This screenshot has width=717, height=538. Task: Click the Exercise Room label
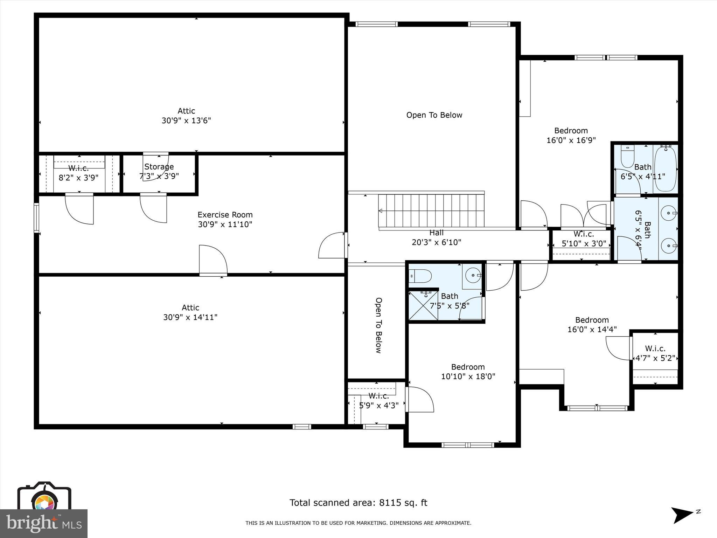coord(225,215)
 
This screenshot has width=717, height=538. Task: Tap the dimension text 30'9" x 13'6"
coord(186,120)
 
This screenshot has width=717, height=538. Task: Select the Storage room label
coord(159,167)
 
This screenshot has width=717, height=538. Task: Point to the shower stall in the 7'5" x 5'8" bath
coord(424,305)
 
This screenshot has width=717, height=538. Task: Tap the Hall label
coord(436,233)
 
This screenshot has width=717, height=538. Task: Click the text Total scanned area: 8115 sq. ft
coord(358,503)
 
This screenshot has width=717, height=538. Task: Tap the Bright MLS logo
coord(44,523)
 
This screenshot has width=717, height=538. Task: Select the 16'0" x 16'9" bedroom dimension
coord(571,140)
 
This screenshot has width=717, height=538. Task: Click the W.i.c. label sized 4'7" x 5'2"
coord(655,349)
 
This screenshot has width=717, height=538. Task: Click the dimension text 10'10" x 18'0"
coord(468,377)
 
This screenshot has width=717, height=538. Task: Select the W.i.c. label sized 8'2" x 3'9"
coord(78,168)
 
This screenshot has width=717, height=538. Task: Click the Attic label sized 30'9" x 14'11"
coord(190,308)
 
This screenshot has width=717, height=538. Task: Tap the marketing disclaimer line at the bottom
coord(358,523)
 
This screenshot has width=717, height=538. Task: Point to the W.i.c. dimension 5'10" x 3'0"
coord(584,243)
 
